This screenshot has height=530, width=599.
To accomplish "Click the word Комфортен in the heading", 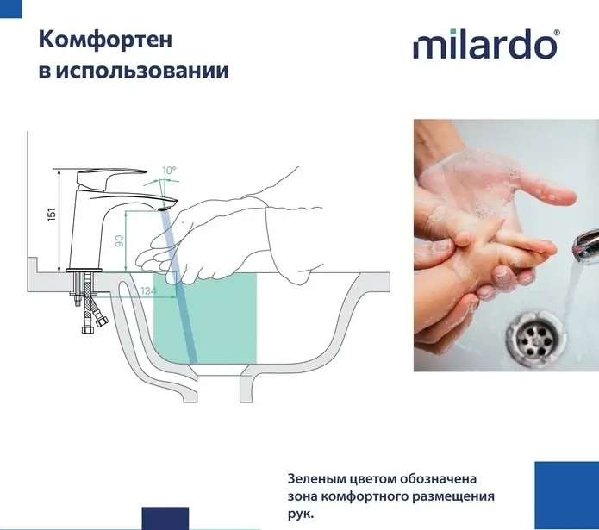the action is (105, 40).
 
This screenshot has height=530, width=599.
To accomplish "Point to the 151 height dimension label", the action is (52, 215).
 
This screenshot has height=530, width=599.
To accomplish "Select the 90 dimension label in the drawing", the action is (119, 241).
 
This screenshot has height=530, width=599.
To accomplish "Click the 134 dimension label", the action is (148, 291).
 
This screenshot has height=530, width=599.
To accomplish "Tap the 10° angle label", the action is (169, 171).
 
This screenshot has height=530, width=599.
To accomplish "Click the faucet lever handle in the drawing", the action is (111, 176).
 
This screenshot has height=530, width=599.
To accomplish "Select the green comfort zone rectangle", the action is (205, 318).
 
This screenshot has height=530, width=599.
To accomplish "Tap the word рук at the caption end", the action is (300, 514).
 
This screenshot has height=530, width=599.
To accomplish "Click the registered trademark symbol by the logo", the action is (557, 33).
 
